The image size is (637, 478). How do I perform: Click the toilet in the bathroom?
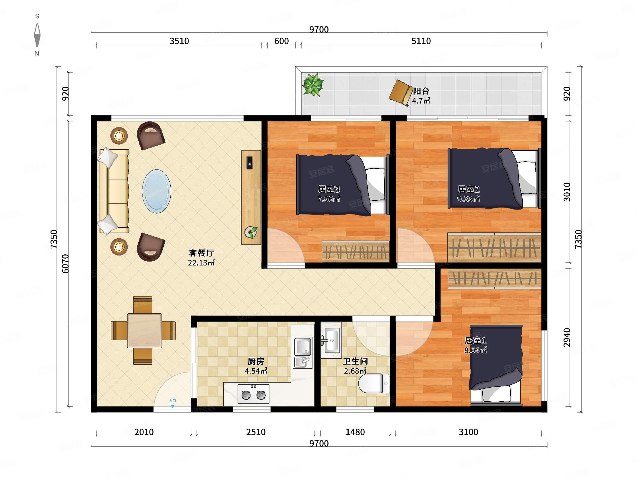pos(374,383)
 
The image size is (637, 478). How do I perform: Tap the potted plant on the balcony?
pos(312,84)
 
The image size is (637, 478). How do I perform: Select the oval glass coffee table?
pos(156,191)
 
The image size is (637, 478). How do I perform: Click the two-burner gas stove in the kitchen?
pos(253,394)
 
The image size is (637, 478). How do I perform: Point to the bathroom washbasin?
pos(331,340)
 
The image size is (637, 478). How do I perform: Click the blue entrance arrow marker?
pos(172,406)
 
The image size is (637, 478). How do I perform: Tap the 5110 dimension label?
pos(421,41)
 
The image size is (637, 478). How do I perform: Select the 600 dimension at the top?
pos(281,41)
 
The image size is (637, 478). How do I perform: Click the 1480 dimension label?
pos(355,432)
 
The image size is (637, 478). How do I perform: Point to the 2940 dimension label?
pos(566,337)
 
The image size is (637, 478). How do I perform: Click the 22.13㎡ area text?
pos(201,263)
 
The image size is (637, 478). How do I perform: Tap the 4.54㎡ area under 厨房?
pos(256,371)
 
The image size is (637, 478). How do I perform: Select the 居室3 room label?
pos(329,189)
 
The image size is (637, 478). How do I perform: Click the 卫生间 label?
pos(355,361)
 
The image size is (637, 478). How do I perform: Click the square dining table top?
pos(145,330)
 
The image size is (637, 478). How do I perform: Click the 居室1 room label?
pos(475,340)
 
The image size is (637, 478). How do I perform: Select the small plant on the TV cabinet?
pos(251,232)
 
